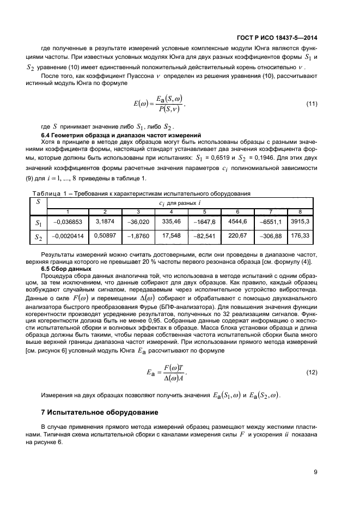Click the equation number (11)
pyautogui.click(x=312, y=104)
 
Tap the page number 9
pyautogui.click(x=315, y=472)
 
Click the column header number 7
pyautogui.click(x=269, y=211)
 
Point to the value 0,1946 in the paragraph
pyautogui.click(x=264, y=157)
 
